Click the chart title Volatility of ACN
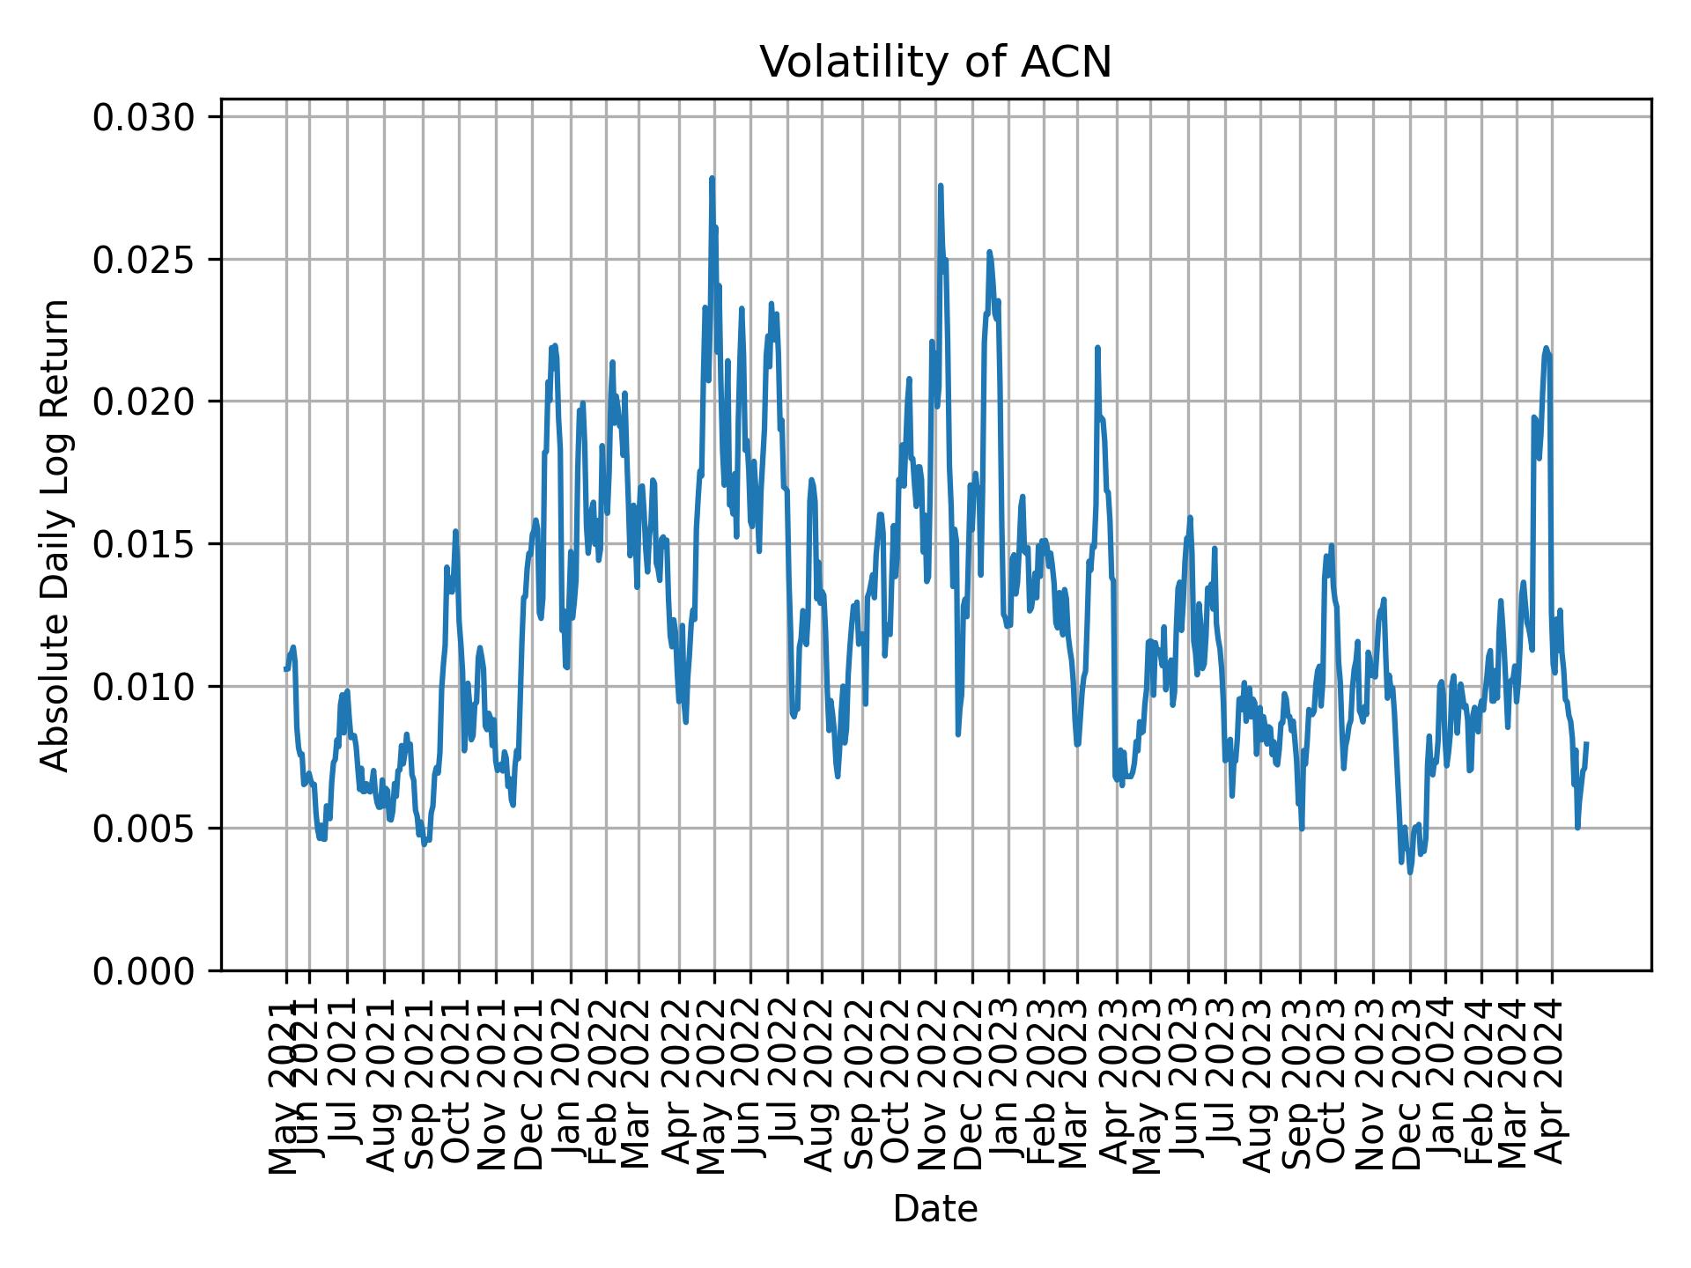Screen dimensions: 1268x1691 935,63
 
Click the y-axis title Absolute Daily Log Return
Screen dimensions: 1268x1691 56,534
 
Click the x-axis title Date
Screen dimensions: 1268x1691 935,1209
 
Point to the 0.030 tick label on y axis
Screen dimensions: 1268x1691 144,117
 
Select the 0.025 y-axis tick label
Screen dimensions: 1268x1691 144,260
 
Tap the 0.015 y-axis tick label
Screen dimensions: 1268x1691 144,544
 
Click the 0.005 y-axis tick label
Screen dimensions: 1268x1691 144,829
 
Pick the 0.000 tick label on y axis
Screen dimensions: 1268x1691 144,970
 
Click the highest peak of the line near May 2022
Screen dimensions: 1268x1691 712,179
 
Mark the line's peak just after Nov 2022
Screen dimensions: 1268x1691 941,186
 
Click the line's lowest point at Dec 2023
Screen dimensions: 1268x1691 1410,872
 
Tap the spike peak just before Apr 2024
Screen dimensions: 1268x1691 1546,348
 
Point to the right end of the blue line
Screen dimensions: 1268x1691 1586,743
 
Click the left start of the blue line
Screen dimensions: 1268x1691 285,669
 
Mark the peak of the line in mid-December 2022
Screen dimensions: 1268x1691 989,252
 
